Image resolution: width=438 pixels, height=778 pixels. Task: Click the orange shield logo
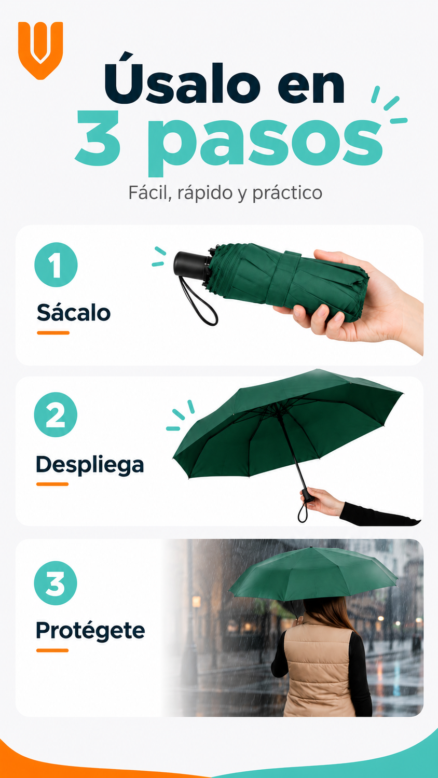(40, 50)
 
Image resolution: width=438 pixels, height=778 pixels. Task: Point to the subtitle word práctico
(288, 193)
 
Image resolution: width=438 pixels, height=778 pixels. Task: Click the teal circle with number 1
(56, 265)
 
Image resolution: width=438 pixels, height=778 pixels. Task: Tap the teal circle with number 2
(56, 415)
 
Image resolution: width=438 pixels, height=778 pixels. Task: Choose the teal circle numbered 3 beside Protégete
(56, 584)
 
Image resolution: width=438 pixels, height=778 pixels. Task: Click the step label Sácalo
(74, 312)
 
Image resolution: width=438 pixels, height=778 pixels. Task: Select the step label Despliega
(90, 465)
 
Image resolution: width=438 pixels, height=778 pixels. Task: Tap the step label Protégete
(90, 631)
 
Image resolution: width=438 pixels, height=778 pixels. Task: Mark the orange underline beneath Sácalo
(53, 333)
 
